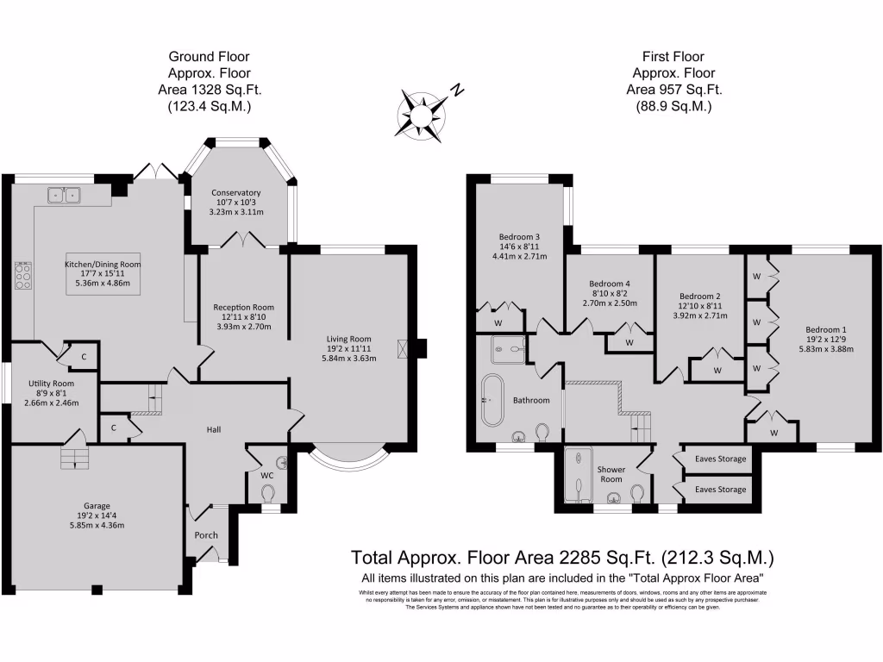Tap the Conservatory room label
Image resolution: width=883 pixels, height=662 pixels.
point(235,193)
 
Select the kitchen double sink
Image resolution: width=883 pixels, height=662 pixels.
point(63,196)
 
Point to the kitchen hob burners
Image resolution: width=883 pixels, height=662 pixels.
point(23,275)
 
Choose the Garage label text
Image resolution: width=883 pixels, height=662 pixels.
point(91,506)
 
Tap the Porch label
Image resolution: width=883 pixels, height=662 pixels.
point(206,535)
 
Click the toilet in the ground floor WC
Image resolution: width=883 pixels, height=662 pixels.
point(268,492)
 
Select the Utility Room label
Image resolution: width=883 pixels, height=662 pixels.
point(51,384)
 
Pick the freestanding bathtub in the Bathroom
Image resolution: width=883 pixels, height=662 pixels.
point(493,400)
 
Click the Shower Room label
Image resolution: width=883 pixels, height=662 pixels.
point(611,474)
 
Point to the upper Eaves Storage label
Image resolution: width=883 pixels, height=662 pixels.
point(720,459)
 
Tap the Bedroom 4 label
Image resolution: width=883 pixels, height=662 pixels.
point(610,284)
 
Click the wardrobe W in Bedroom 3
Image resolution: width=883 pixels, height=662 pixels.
point(498,323)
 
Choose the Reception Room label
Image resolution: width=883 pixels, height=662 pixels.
point(244,308)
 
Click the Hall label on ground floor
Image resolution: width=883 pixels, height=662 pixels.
point(215,428)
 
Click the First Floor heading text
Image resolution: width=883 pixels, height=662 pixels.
point(673,58)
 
